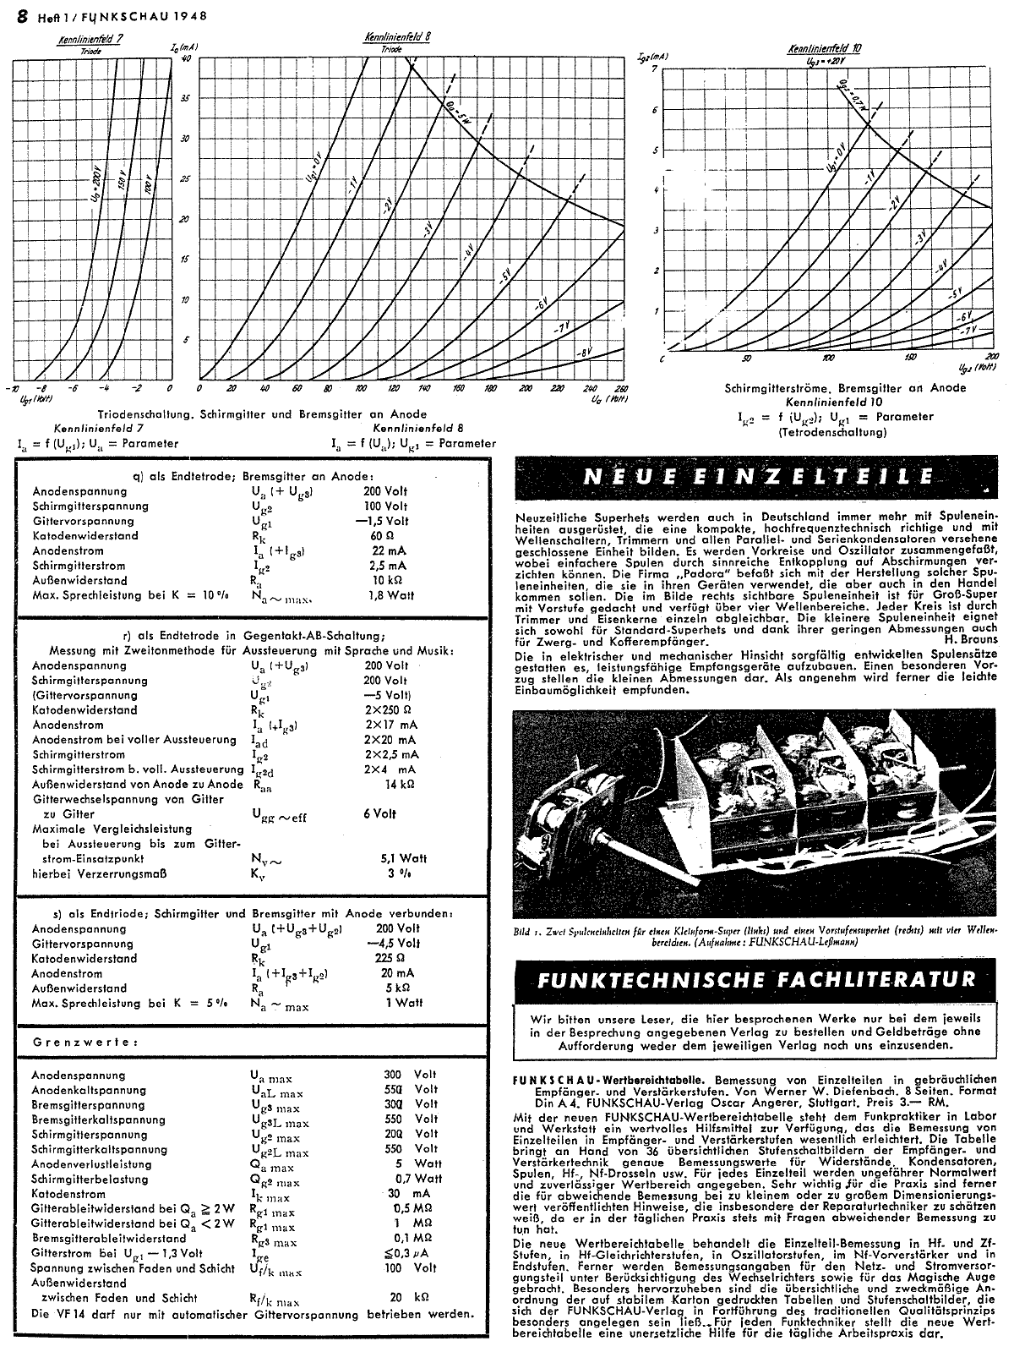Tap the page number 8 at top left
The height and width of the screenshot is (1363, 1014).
coord(14,15)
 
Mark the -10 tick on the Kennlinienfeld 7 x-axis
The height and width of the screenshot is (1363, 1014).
coord(13,388)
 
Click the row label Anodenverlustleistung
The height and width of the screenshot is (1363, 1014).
coord(92,1163)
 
